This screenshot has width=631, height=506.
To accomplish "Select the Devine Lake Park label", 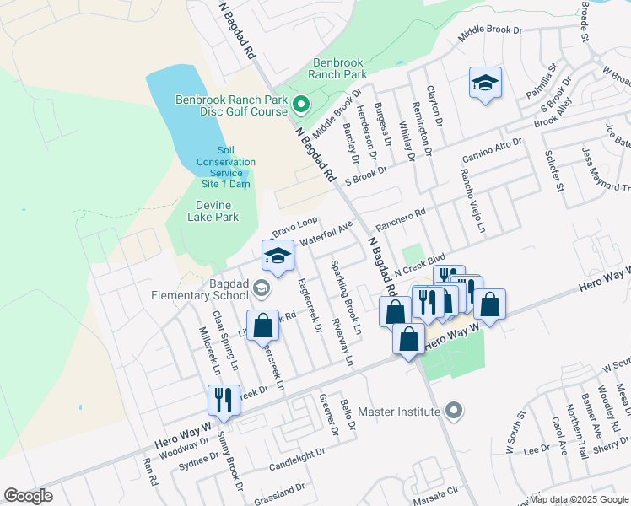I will [205, 211].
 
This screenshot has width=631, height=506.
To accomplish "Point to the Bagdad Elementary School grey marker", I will [261, 290].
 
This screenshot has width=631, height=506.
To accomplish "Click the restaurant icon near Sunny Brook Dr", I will [224, 401].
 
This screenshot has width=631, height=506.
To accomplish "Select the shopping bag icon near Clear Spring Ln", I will [263, 326].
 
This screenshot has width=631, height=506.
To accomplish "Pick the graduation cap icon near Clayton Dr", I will [485, 83].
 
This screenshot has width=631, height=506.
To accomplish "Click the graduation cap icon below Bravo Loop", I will [278, 256].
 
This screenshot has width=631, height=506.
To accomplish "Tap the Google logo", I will [29, 496].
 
